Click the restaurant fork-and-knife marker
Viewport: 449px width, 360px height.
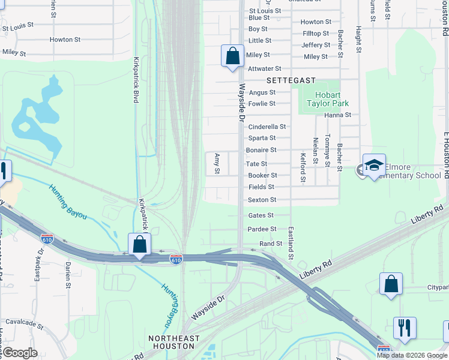(404, 329)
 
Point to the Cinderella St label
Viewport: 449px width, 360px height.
(267, 127)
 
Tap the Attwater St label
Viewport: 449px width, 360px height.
(264, 69)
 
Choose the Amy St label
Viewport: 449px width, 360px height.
(217, 163)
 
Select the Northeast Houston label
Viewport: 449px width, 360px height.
(174, 343)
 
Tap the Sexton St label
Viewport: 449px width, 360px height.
(262, 200)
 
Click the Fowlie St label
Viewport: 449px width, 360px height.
(262, 104)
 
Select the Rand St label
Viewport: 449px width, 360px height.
(270, 244)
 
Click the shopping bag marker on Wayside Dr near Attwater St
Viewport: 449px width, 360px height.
(232, 56)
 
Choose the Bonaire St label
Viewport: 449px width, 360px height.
(261, 150)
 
